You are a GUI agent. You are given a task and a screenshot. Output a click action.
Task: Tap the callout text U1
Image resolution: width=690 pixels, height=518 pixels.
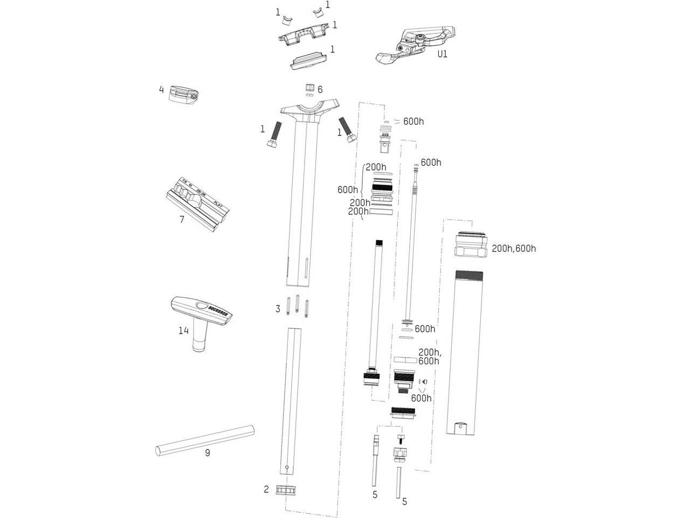pos(442,54)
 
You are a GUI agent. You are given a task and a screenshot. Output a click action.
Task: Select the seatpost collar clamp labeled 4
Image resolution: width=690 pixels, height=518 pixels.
pos(184,94)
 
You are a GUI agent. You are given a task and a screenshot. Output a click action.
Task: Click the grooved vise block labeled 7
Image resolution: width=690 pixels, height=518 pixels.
pos(197,201)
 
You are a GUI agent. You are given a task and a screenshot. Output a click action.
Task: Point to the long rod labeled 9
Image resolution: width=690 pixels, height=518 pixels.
pos(205,438)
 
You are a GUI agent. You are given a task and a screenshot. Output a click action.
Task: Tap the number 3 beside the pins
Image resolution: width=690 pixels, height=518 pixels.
pos(278,309)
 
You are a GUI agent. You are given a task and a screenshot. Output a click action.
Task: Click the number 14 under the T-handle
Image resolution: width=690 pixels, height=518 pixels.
pos(184,330)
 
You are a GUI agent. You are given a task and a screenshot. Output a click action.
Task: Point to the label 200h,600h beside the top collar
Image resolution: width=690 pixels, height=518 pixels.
pos(514,249)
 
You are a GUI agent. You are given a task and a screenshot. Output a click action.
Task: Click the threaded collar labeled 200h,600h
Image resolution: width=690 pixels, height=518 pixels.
pos(471,245)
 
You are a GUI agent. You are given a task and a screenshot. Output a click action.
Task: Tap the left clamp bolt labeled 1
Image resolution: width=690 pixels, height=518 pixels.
pos(274,135)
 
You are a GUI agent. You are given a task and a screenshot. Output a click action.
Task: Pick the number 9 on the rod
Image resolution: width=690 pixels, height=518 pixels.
pos(208,453)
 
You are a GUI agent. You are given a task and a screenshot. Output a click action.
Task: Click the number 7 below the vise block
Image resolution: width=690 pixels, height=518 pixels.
pos(182,220)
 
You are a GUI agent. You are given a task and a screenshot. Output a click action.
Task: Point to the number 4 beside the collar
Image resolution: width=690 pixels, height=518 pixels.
pos(161,90)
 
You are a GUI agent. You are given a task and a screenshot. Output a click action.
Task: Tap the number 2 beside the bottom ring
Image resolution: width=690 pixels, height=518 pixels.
pos(266,489)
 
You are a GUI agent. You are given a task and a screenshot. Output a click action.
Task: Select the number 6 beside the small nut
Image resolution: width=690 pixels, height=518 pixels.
pos(320,90)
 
